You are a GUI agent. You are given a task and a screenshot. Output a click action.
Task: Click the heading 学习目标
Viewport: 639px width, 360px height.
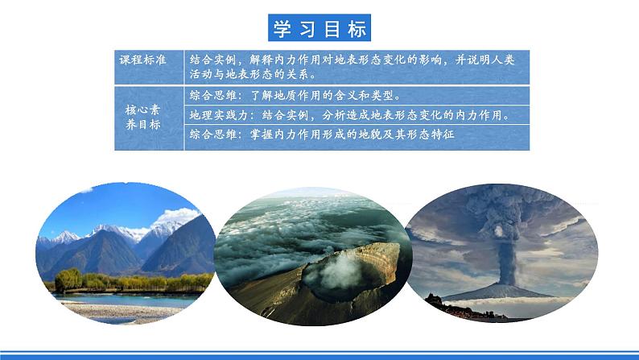click(319, 28)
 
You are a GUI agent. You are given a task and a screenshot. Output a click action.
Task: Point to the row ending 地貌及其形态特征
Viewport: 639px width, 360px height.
click(323, 135)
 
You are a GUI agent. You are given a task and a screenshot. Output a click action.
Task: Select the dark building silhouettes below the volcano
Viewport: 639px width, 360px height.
click(443, 305)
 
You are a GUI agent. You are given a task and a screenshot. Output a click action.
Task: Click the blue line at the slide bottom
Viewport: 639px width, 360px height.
click(319, 353)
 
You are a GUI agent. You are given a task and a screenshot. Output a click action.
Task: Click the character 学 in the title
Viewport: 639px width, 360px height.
click(282, 28)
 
